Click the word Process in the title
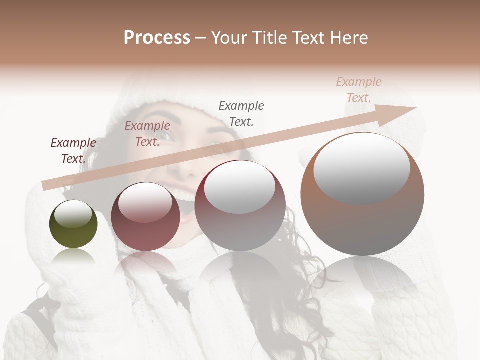click(157, 38)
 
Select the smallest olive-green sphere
click(73, 224)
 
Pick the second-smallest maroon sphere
click(145, 216)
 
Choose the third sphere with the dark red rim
click(240, 205)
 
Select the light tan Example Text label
click(358, 90)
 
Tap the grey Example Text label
click(241, 114)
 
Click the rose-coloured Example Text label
click(147, 134)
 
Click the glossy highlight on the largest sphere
click(362, 168)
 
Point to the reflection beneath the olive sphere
click(73, 257)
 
